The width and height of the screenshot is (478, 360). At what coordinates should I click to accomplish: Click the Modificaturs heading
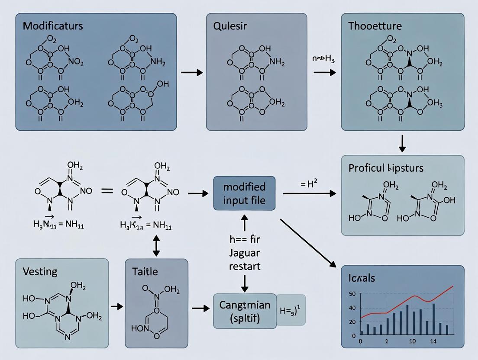53,26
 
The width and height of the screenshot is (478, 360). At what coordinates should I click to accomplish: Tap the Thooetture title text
375,26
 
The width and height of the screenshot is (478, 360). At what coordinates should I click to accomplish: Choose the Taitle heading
145,272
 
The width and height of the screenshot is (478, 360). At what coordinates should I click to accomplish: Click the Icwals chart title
362,278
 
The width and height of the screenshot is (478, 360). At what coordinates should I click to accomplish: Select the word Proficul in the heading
365,168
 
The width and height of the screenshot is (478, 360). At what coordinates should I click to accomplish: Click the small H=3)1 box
291,309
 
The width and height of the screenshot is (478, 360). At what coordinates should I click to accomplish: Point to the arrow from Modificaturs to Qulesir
191,72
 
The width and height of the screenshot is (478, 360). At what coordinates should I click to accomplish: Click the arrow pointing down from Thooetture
402,143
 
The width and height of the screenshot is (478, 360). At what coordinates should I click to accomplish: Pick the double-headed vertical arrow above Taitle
156,245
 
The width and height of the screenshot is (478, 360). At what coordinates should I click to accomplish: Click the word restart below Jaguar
245,266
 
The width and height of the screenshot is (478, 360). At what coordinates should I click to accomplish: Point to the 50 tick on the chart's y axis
352,294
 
